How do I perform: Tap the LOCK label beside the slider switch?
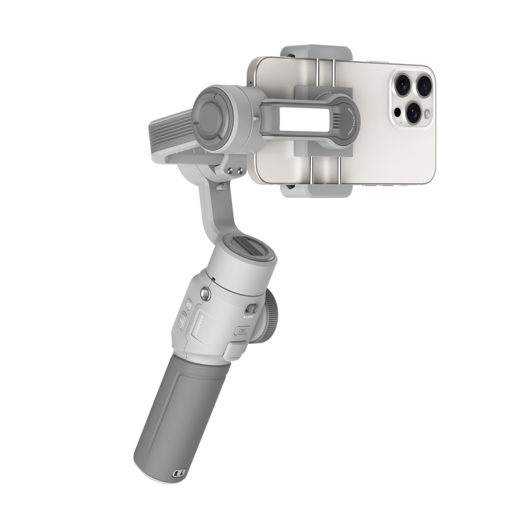pyautogui.click(x=248, y=316)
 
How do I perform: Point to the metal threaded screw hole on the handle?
pyautogui.click(x=206, y=295)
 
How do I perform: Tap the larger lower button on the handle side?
pyautogui.click(x=183, y=321)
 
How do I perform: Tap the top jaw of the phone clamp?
pyautogui.click(x=315, y=52)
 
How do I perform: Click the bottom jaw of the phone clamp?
pyautogui.click(x=315, y=190)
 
